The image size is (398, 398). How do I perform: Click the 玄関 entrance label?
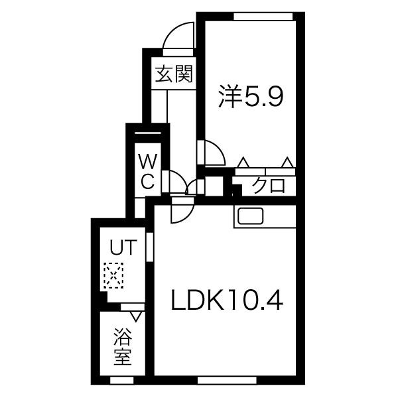174,74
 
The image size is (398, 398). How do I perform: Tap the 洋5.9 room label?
251,98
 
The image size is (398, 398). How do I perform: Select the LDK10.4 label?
227,300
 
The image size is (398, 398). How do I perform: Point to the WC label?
148,172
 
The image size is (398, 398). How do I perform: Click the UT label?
123,247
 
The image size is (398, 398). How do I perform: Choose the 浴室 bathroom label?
123,347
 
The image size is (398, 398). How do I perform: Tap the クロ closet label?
269,186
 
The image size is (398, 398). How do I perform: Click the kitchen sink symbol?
250,216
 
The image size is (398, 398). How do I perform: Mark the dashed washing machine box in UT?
113,275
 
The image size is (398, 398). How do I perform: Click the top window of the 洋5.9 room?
263,17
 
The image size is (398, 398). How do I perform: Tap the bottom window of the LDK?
227,380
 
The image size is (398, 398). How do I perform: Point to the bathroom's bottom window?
122,380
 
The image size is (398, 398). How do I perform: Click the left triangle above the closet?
243,163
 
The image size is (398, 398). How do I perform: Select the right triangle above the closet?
287,163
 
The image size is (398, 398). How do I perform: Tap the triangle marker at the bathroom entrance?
136,317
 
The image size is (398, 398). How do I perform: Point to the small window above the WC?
148,133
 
